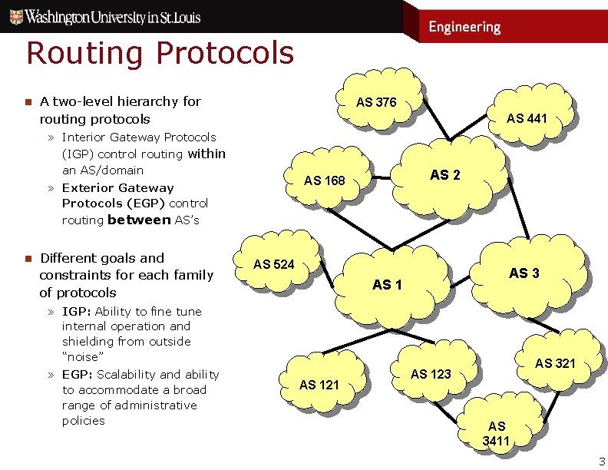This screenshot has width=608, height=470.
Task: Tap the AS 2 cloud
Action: click(x=445, y=175)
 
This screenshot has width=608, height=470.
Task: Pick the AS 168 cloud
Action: click(x=325, y=180)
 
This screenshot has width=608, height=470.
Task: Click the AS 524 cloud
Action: click(x=274, y=264)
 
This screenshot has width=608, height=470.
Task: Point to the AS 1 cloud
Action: click(x=387, y=285)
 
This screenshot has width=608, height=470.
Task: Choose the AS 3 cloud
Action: click(x=524, y=273)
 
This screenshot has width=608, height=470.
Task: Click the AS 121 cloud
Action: click(x=319, y=384)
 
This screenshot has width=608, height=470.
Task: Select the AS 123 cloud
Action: click(x=431, y=374)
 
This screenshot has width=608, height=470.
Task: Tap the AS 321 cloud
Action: click(x=555, y=362)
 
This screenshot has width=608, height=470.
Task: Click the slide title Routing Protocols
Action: click(x=160, y=53)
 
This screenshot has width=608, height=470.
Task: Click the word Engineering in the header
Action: click(x=464, y=27)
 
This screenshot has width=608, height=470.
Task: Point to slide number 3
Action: click(x=601, y=462)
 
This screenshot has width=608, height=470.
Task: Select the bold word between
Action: click(x=139, y=220)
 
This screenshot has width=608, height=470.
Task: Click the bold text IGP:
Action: click(x=77, y=311)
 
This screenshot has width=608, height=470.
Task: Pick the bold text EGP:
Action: click(x=78, y=374)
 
